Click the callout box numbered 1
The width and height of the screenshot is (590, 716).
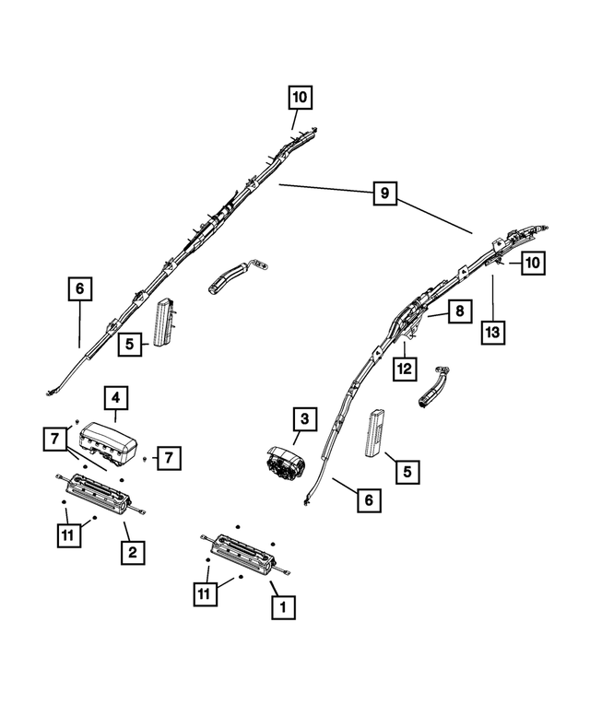(283, 607)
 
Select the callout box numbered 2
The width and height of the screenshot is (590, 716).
(133, 553)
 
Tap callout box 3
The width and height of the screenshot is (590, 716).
(304, 418)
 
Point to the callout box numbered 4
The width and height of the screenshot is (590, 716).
(115, 398)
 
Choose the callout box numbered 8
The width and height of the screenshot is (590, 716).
(459, 311)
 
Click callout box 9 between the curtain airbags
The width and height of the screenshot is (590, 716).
(384, 194)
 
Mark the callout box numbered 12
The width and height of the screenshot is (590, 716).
(405, 369)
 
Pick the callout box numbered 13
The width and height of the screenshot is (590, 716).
(492, 333)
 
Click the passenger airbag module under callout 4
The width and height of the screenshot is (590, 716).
(109, 441)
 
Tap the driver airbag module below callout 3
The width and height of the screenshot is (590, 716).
(286, 464)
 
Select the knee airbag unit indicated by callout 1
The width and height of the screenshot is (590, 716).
(246, 555)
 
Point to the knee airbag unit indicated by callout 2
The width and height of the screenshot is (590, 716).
(100, 495)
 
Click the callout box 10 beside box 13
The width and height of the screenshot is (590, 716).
(533, 263)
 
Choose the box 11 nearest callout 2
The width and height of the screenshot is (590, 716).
(68, 535)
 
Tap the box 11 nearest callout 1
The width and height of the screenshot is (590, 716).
(205, 594)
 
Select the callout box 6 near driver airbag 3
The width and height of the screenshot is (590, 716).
(369, 500)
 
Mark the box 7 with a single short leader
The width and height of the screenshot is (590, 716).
(169, 458)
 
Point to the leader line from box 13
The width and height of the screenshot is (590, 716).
(492, 298)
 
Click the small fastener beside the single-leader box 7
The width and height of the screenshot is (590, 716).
(145, 458)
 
